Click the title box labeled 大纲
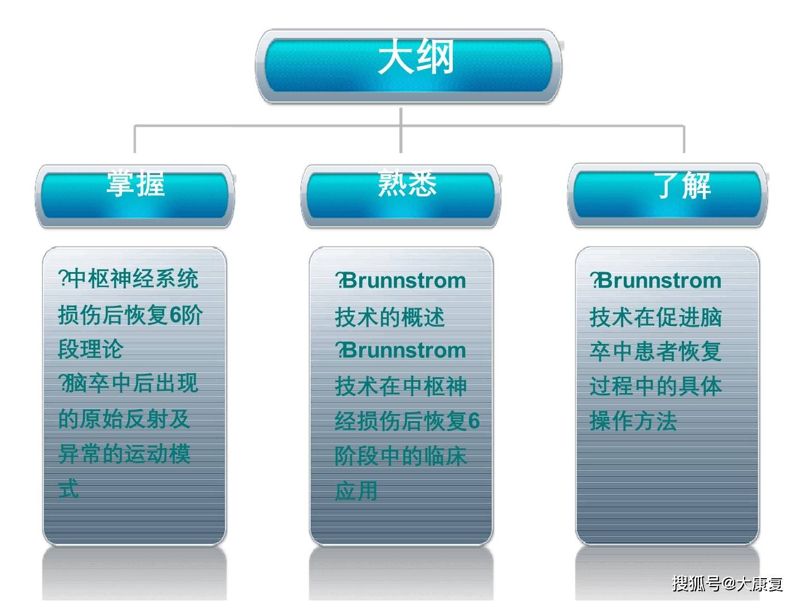[x=409, y=66]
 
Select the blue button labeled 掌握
[x=135, y=195]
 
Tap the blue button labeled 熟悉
[x=401, y=195]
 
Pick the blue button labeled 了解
[x=668, y=195]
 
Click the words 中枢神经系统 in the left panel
[x=133, y=278]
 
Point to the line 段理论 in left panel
[x=90, y=349]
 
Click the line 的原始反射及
[x=124, y=418]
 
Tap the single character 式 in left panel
[x=69, y=489]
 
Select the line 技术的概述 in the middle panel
[x=389, y=317]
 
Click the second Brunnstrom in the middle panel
[x=404, y=351]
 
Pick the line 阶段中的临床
[x=400, y=456]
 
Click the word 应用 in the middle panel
[x=356, y=491]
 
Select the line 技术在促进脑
[x=656, y=317]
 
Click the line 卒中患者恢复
[x=656, y=351]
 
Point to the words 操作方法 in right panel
[x=633, y=421]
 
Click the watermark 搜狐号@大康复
[x=727, y=583]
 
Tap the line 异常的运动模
[x=124, y=454]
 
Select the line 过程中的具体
[x=656, y=386]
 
